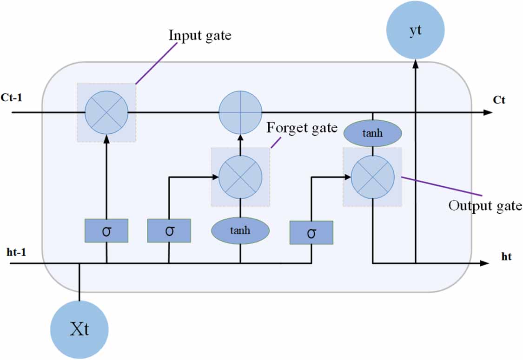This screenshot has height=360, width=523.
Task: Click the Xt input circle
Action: (x=79, y=329)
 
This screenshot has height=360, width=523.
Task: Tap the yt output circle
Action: (x=415, y=30)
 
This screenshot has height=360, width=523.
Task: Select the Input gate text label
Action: (x=200, y=36)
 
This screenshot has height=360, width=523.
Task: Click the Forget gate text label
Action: (x=302, y=128)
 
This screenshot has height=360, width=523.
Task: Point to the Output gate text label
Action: (x=485, y=206)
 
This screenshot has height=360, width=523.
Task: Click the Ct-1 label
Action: (x=12, y=98)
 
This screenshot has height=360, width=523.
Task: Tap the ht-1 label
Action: (x=16, y=252)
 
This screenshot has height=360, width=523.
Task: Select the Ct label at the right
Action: (x=499, y=100)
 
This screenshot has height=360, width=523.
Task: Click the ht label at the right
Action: (x=506, y=256)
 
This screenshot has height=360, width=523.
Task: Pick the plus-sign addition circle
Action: (x=240, y=112)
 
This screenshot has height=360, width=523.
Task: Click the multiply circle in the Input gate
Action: (x=106, y=112)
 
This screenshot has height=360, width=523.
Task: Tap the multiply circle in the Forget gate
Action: (x=240, y=177)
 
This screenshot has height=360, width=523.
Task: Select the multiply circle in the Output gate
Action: (x=372, y=177)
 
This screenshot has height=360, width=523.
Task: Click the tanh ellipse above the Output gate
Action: (x=372, y=133)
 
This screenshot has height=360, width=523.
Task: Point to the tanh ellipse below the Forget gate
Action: (x=240, y=230)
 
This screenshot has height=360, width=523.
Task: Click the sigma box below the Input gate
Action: (x=106, y=231)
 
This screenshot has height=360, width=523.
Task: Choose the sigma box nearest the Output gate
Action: (x=311, y=233)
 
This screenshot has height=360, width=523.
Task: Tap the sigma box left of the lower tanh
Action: (x=169, y=231)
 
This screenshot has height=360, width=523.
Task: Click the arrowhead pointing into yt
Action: (x=415, y=64)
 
